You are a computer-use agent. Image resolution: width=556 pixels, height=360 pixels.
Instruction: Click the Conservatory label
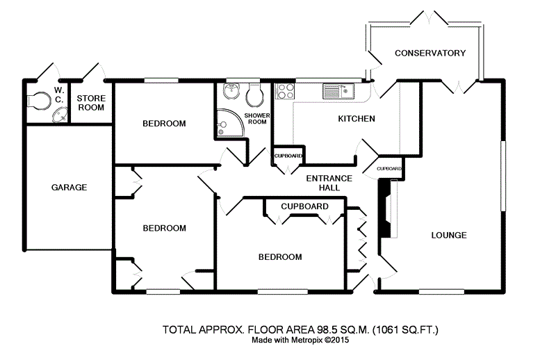430,54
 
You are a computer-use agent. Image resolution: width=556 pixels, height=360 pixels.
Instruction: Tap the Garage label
69,187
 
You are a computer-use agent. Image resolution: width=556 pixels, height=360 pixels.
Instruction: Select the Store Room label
91,103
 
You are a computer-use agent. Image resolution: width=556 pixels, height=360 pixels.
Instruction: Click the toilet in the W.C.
39,100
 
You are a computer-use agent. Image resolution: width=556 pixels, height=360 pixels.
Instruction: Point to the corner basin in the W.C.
60,115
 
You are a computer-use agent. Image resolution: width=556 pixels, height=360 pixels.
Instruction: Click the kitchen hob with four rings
285,91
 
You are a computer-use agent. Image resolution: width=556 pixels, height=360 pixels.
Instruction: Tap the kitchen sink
338,91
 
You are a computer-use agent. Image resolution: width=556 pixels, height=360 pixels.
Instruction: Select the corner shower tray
229,123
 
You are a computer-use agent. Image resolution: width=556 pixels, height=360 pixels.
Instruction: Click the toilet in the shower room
255,95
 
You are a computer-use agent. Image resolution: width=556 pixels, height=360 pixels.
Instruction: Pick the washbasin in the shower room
231,91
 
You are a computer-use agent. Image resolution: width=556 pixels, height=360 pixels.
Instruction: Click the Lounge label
449,235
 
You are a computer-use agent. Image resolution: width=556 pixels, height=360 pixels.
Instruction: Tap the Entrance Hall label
329,183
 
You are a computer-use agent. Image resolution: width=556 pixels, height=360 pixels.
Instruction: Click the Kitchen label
357,119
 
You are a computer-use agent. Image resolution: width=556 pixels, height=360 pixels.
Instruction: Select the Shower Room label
257,119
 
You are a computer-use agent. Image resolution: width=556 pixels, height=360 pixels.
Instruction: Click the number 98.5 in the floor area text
325,330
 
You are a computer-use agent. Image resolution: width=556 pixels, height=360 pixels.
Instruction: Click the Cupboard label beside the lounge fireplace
389,169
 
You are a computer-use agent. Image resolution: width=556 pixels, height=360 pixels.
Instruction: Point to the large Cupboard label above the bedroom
304,206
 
